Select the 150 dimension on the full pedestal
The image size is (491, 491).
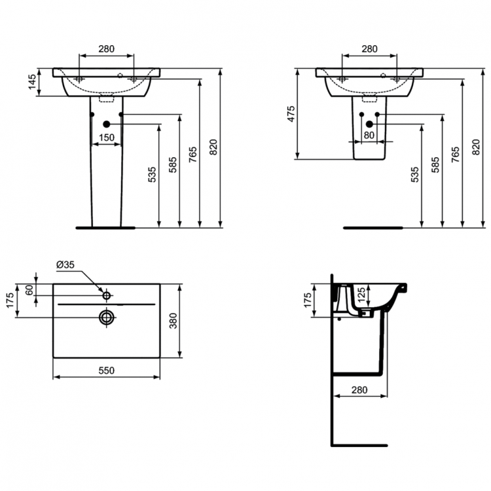(x=107, y=137)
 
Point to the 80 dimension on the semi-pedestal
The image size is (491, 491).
(x=369, y=136)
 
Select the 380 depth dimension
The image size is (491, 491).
(x=173, y=321)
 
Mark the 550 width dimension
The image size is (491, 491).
(x=106, y=371)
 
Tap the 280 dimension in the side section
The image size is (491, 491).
(x=359, y=390)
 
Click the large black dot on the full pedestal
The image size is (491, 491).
(x=107, y=124)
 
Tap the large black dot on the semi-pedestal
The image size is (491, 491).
(x=369, y=124)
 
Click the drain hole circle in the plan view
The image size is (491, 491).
(x=106, y=318)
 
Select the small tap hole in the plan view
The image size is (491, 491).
(x=106, y=296)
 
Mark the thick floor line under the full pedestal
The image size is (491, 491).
(x=105, y=228)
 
